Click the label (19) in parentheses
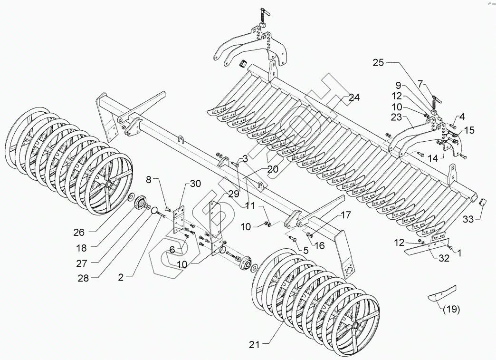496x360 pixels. (451, 310)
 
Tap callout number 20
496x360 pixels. (272, 169)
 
